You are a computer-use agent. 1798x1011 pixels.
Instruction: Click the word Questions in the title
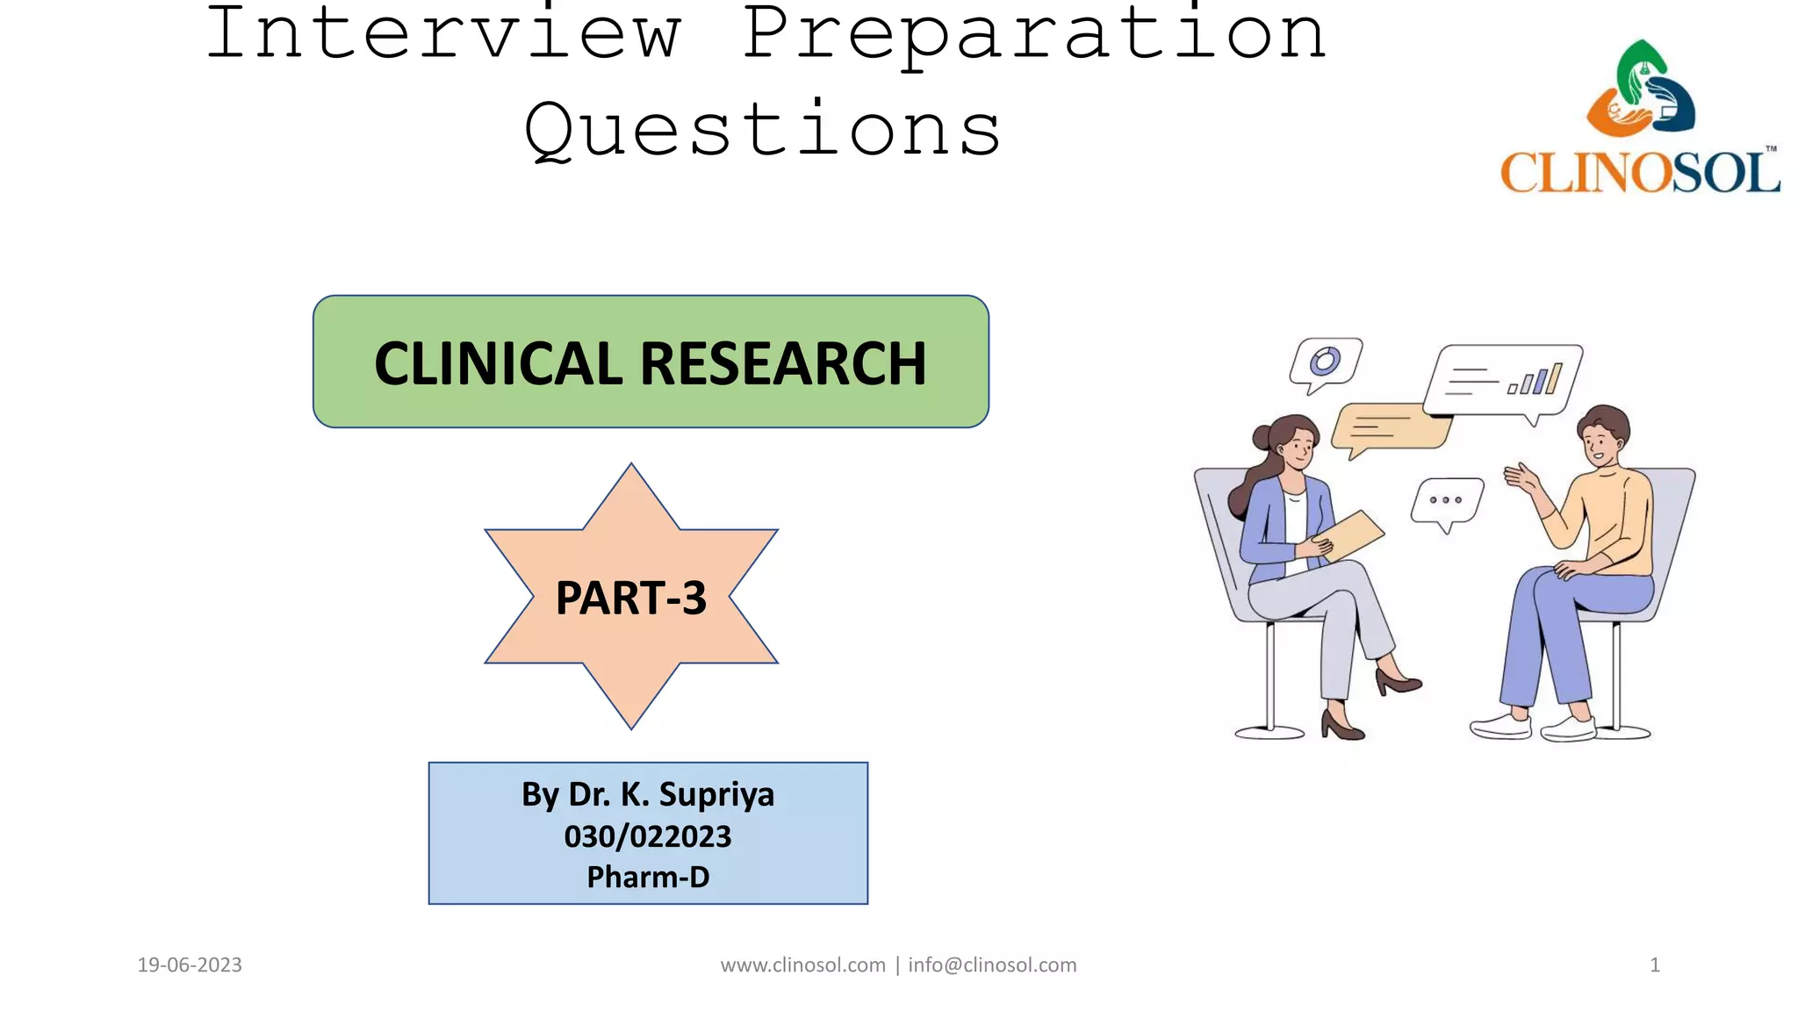point(762,130)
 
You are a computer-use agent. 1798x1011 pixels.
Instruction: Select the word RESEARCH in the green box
point(783,363)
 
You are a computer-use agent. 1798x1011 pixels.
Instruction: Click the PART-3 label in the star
point(630,598)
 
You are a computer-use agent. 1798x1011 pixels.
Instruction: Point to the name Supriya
point(716,794)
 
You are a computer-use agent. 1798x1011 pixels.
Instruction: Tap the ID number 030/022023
point(648,836)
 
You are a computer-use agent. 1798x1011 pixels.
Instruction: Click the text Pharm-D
point(648,877)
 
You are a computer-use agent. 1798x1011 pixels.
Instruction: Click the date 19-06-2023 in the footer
point(190,965)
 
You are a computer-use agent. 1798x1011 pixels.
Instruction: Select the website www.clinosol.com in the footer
point(802,965)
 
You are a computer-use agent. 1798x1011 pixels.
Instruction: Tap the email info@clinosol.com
point(992,965)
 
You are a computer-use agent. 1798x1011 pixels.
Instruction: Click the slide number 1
point(1654,965)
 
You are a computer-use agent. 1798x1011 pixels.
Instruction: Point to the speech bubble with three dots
point(1446,501)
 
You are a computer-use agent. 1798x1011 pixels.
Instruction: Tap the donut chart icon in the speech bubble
point(1324,362)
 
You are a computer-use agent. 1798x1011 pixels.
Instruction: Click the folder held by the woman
point(1352,534)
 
